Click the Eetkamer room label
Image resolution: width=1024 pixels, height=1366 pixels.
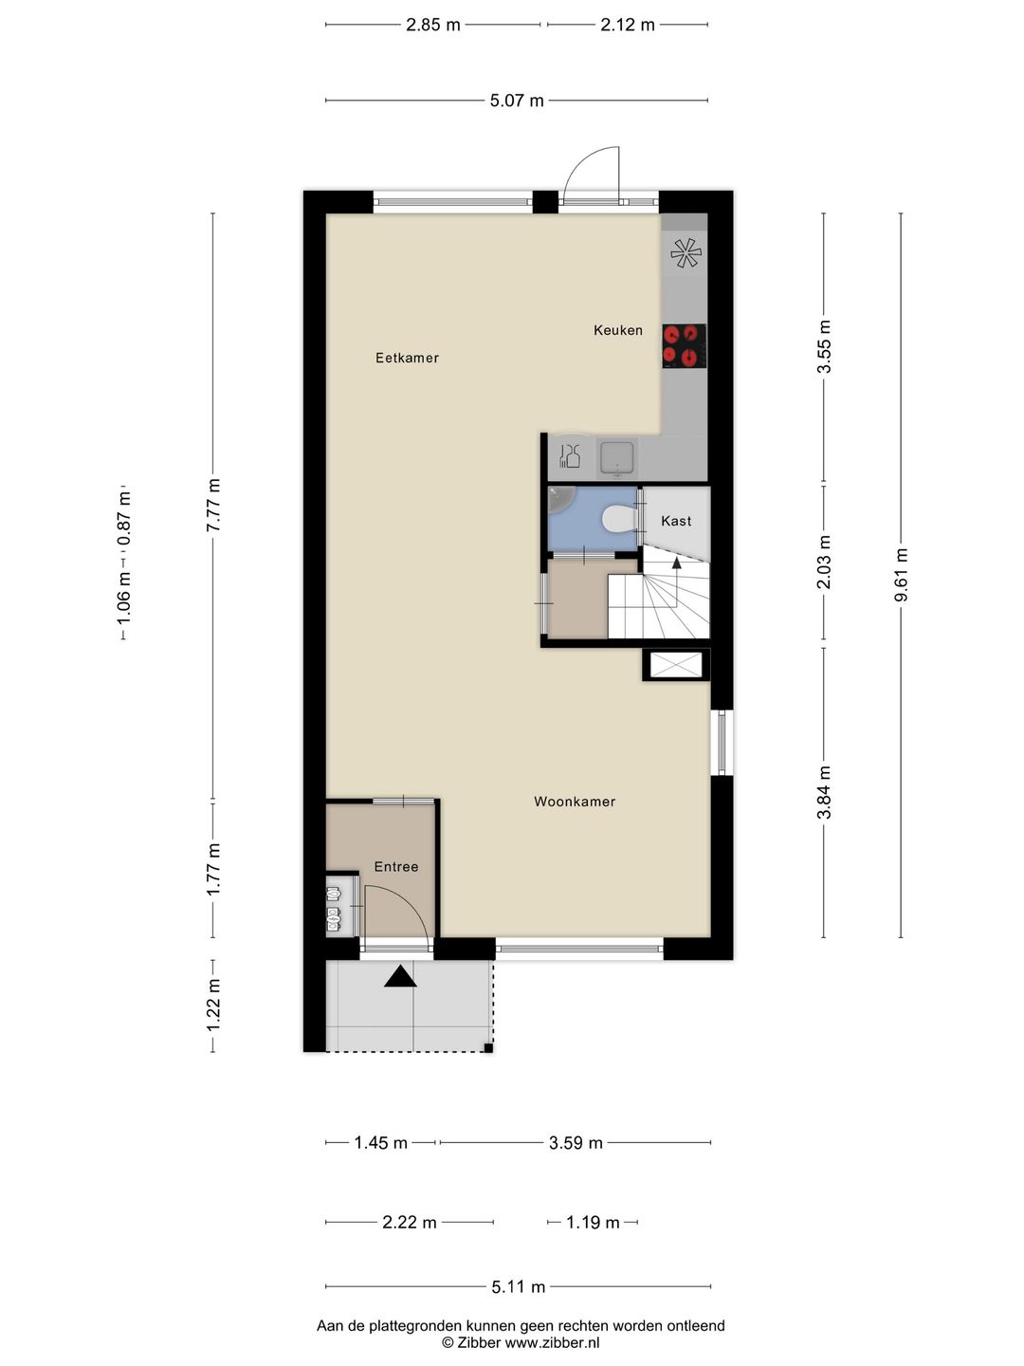[x=407, y=358]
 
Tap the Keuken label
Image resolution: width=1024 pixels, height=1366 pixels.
[x=618, y=330]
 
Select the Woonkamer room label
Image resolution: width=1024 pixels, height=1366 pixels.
[x=575, y=802]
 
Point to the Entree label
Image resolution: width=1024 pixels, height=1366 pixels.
[x=396, y=866]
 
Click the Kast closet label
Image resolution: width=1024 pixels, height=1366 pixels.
[x=676, y=521]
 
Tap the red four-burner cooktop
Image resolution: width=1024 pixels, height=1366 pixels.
[x=684, y=345]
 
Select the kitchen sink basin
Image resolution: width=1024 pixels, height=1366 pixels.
[x=617, y=458]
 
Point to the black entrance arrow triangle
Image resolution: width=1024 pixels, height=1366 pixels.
[x=400, y=976]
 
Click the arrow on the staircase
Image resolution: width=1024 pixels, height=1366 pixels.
[x=676, y=563]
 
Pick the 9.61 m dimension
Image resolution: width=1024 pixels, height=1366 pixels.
[x=902, y=575]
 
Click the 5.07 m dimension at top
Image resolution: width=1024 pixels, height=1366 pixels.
[x=517, y=101]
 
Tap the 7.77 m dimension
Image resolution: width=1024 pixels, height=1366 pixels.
[x=213, y=505]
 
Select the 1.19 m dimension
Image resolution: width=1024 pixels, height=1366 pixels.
[x=593, y=1223]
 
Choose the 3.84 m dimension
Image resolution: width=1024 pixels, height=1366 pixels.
[x=824, y=792]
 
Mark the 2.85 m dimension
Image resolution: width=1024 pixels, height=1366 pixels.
[x=433, y=25]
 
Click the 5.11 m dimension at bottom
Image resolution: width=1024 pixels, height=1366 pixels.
[x=518, y=1287]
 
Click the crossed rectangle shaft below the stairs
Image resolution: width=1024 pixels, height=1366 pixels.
[x=676, y=664]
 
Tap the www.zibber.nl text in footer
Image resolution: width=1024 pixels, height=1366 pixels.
[x=553, y=1343]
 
